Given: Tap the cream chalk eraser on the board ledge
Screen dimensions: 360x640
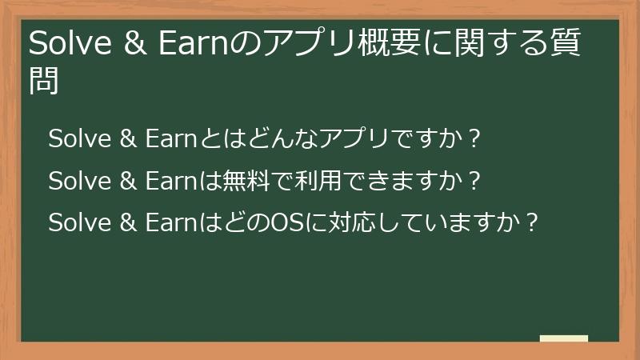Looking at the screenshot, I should (564, 338).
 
